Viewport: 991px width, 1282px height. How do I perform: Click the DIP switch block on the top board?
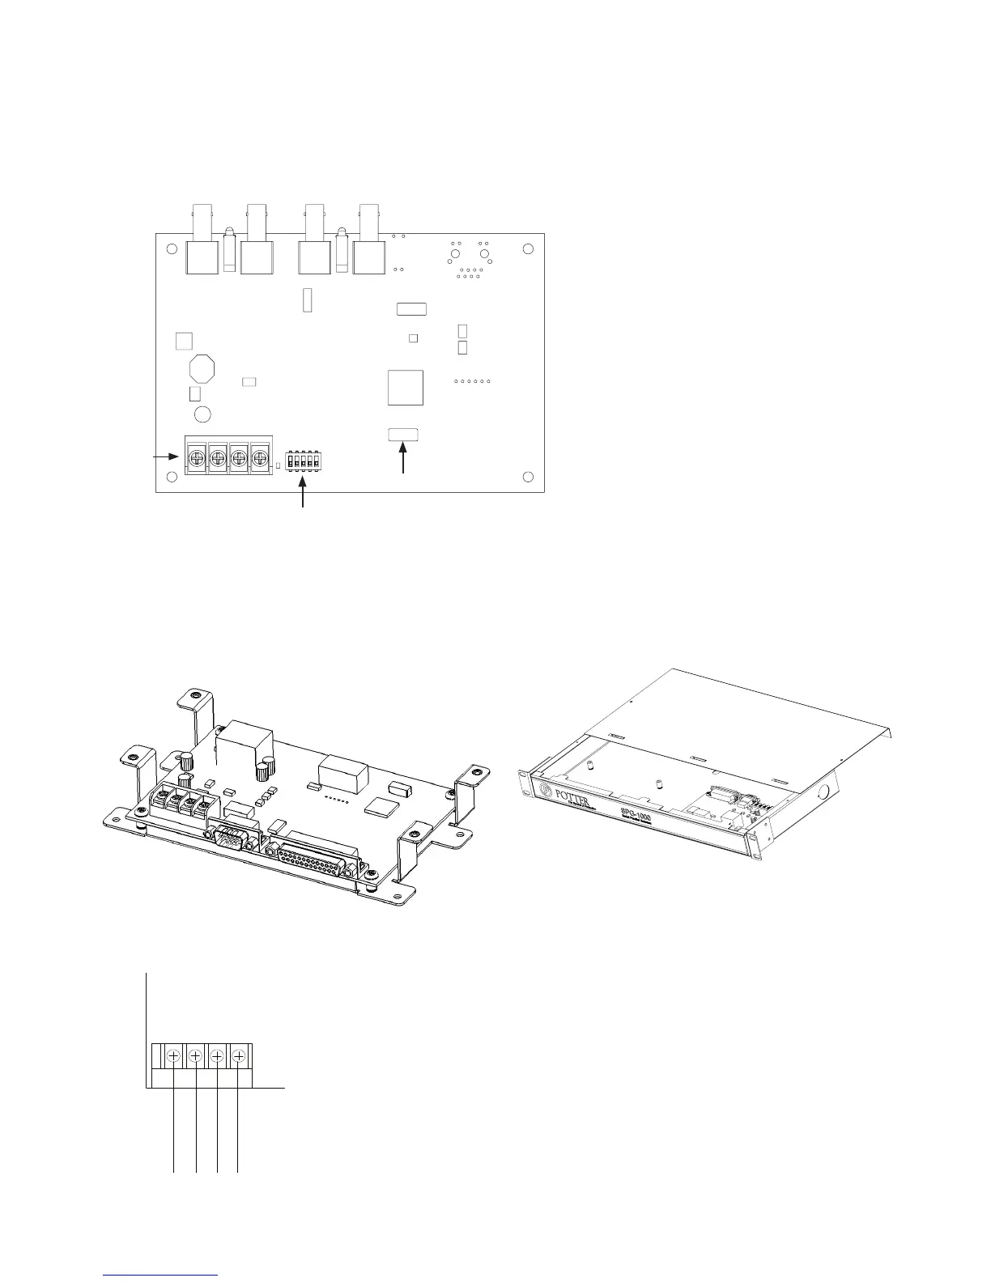(x=304, y=460)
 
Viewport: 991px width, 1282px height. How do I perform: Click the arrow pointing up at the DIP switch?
(x=304, y=494)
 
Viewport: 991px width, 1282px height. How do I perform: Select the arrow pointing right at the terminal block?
(x=166, y=456)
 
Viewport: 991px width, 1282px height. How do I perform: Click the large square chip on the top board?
(x=406, y=387)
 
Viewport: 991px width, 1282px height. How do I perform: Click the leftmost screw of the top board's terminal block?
(x=196, y=458)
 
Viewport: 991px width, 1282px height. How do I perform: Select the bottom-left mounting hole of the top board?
(x=172, y=476)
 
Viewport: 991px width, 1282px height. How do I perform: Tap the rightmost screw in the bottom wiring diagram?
(x=239, y=1055)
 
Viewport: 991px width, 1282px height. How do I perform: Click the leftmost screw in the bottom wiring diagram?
(x=173, y=1055)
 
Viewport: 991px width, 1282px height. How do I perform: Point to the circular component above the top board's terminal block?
(x=202, y=414)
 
